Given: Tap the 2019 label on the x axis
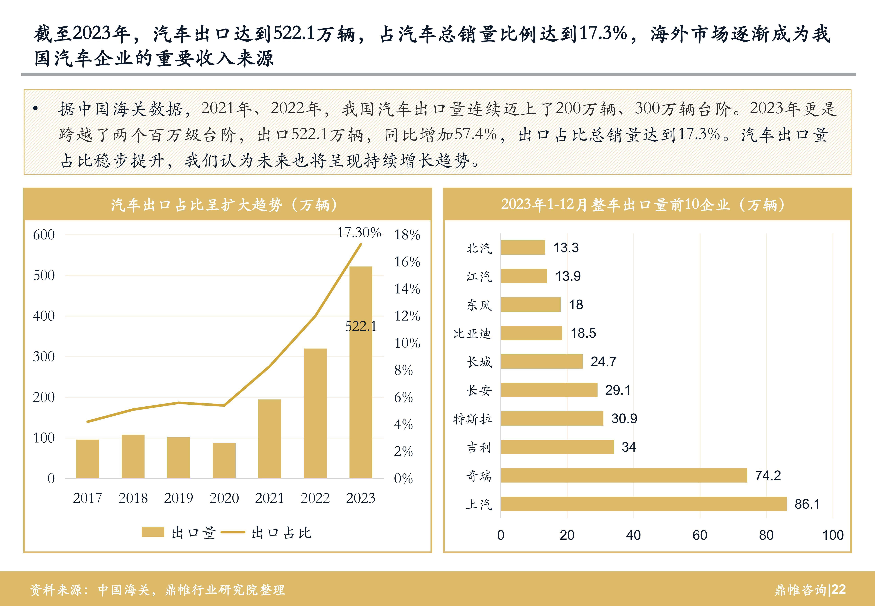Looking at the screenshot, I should pos(178,498).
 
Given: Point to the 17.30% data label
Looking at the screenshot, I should pos(359,232).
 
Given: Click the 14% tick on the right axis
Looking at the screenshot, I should pos(407,289).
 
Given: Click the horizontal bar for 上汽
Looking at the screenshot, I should pos(643,504).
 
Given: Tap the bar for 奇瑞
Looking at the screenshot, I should pos(624,475).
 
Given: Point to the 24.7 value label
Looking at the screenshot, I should pos(603,362).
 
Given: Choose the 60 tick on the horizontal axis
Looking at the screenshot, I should pos(700,535).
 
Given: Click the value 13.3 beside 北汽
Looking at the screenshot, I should pos(566,248).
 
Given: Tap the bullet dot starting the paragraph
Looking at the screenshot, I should pos(36,109).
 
